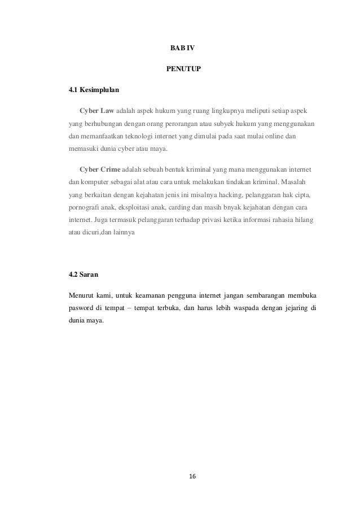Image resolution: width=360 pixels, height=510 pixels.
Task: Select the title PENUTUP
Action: [181, 69]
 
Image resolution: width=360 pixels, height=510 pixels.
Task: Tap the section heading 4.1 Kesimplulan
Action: [93, 90]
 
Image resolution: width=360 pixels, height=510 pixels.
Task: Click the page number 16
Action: [192, 476]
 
